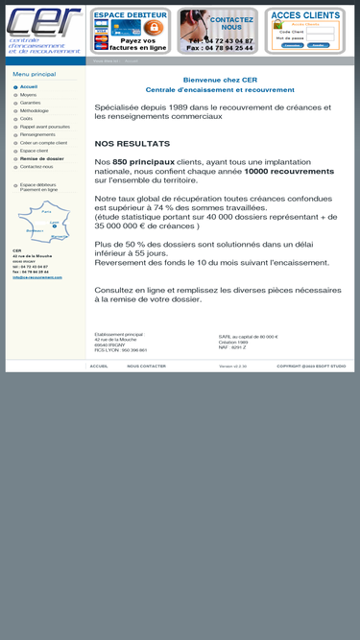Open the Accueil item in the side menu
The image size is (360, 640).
coord(29,86)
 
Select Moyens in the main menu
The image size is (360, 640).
coord(29,95)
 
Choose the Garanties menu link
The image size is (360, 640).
coord(31,103)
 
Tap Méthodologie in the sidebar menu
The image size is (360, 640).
coord(35,110)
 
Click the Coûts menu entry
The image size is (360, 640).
coord(26,119)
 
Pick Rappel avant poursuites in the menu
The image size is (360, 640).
coord(45,127)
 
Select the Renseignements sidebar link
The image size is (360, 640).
coord(37,134)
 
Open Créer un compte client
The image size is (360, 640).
coord(43,142)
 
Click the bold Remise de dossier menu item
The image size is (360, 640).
coord(42,158)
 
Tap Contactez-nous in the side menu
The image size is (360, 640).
coord(36,167)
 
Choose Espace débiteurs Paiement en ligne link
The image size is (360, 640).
coord(38,187)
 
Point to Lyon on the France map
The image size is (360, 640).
coord(55,222)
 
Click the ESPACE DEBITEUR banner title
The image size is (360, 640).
coord(131,15)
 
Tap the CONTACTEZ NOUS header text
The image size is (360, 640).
coord(231,23)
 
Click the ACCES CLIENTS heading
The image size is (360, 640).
coord(305,15)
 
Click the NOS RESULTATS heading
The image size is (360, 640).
coord(132,143)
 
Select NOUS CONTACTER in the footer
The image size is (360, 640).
coord(146,366)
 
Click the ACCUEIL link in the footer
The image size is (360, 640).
coord(99,366)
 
